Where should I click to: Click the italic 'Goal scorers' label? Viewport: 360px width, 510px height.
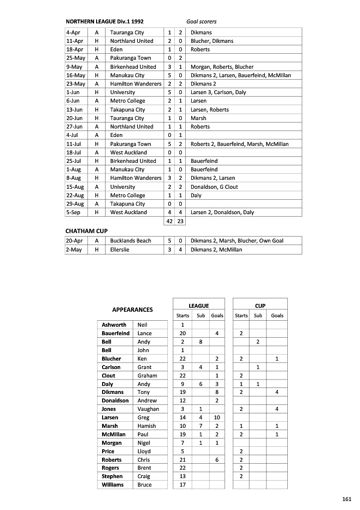(x=201, y=22)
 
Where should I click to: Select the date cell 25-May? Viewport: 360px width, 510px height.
(x=75, y=58)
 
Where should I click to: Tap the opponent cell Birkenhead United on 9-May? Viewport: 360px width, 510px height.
(x=133, y=67)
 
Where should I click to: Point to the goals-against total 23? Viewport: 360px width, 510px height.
(x=180, y=221)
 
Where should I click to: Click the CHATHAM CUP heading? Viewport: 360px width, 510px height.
(x=87, y=232)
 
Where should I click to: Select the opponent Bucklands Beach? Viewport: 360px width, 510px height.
(x=130, y=241)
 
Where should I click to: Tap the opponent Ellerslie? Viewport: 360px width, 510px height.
(x=120, y=250)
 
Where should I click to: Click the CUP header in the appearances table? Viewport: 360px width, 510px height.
(x=260, y=306)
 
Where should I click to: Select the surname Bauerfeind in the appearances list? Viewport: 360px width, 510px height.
(x=116, y=333)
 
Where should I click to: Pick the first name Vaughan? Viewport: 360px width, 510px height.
(x=148, y=409)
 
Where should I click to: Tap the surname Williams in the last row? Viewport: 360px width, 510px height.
(x=113, y=485)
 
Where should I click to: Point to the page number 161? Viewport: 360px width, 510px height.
(x=347, y=499)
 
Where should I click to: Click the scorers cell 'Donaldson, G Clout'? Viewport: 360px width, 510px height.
(x=214, y=187)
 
